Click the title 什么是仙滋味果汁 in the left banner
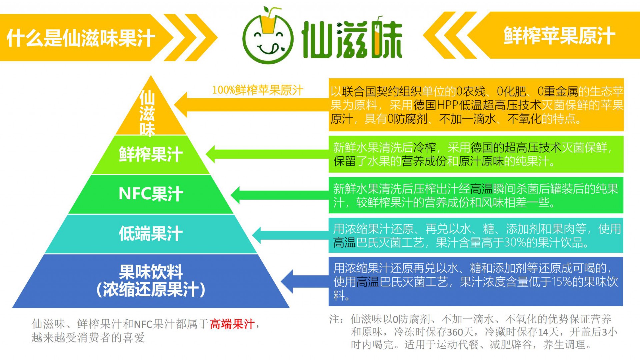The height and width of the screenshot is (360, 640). pyautogui.click(x=81, y=38)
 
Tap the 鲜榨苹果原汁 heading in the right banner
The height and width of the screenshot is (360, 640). pyautogui.click(x=559, y=36)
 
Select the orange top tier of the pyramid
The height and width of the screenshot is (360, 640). pyautogui.click(x=151, y=110)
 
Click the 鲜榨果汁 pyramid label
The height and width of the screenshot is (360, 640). pyautogui.click(x=151, y=154)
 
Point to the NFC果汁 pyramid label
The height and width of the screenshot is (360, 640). pyautogui.click(x=151, y=194)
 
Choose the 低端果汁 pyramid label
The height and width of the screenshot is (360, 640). pyautogui.click(x=151, y=233)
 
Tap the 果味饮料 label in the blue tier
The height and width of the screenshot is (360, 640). pyautogui.click(x=151, y=272)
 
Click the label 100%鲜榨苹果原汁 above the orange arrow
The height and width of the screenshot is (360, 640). pyautogui.click(x=258, y=90)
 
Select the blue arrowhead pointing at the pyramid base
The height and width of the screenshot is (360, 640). pyautogui.click(x=287, y=281)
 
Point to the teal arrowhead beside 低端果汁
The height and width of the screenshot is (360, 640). pyautogui.click(x=258, y=235)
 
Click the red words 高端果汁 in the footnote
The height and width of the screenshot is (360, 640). pyautogui.click(x=232, y=324)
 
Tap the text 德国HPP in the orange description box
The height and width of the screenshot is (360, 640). pyautogui.click(x=436, y=105)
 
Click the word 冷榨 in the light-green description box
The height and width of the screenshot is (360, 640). pyautogui.click(x=425, y=147)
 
